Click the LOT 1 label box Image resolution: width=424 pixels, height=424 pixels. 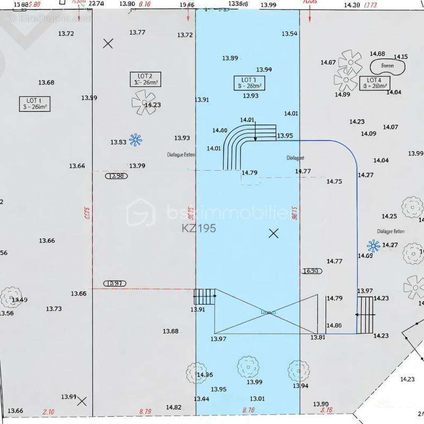pos(34,103)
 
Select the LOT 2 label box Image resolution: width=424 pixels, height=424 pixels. pos(145,79)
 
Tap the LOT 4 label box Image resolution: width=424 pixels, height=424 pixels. pos(375,83)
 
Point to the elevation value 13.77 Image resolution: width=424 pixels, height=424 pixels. pos(137,32)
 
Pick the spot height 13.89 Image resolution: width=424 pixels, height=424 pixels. pos(230,58)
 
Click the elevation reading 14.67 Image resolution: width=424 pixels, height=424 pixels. pos(328,63)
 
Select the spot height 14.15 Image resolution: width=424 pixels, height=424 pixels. pos(401,57)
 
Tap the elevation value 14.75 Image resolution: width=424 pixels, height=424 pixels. pos(334,181)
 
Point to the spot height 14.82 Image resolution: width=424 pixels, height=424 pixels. pos(173,407)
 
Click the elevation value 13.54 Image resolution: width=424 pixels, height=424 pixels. pos(289,34)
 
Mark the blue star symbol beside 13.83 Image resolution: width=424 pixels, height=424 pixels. pos(136,140)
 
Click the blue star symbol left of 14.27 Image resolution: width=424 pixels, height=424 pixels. pos(373,245)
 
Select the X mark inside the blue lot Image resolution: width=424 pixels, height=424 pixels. pos(273,233)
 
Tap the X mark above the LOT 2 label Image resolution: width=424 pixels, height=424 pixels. pos(108,43)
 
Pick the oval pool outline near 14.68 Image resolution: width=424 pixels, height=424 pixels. pos(387,67)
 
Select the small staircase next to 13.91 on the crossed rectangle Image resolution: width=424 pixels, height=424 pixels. pos(205,296)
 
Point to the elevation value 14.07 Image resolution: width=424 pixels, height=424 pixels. pos(390,127)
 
